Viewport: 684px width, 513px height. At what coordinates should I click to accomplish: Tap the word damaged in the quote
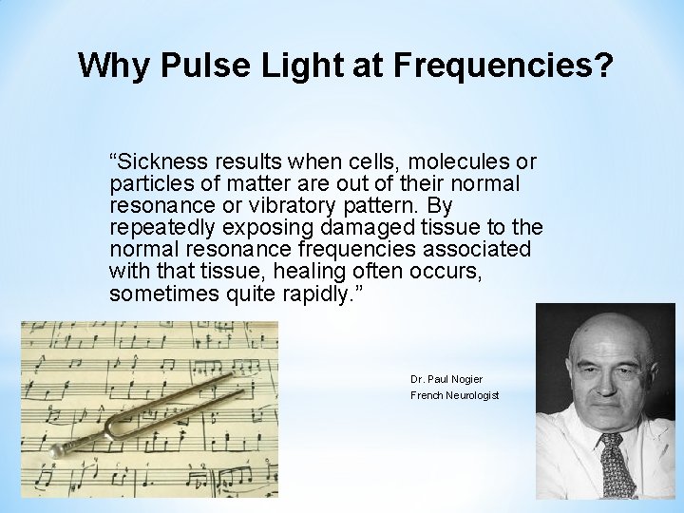tap(342, 229)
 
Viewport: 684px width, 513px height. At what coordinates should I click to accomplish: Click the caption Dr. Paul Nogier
tap(446, 379)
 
